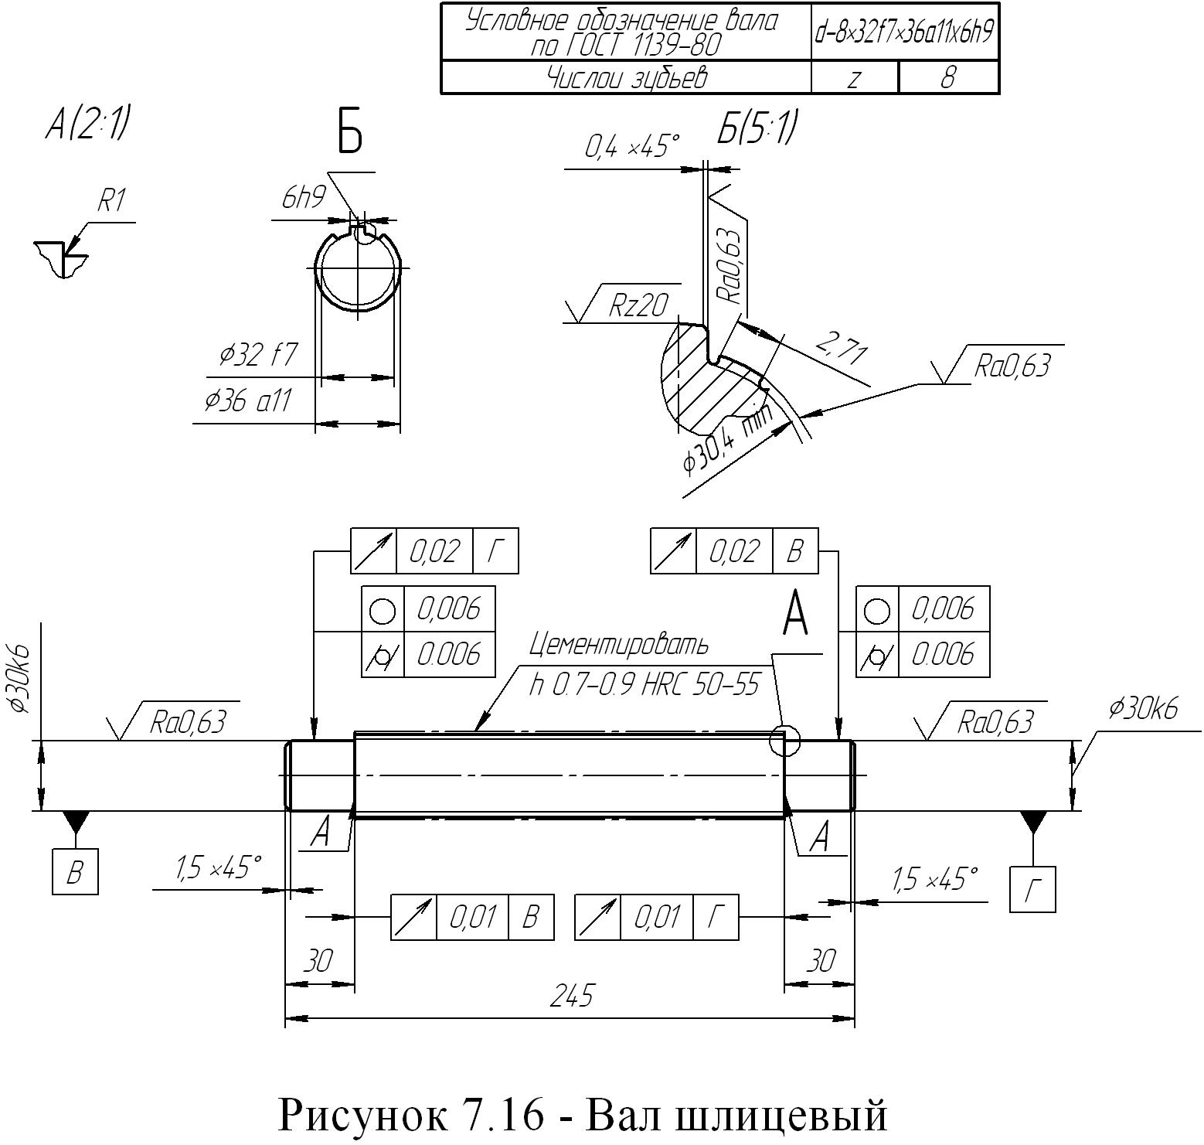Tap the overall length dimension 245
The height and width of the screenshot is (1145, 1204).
pyautogui.click(x=571, y=996)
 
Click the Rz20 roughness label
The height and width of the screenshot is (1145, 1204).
pyautogui.click(x=638, y=305)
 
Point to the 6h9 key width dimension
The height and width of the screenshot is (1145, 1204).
pyautogui.click(x=304, y=198)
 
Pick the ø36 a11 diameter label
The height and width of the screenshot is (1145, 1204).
pyautogui.click(x=247, y=401)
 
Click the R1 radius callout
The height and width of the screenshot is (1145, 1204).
pyautogui.click(x=111, y=202)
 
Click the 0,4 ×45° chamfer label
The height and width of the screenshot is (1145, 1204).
pyautogui.click(x=631, y=146)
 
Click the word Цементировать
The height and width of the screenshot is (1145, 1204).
pyautogui.click(x=618, y=643)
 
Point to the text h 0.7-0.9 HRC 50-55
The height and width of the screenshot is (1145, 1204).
pyautogui.click(x=645, y=684)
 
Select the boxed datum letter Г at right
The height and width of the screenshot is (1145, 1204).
pyautogui.click(x=1032, y=890)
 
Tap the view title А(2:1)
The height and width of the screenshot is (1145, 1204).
pyautogui.click(x=87, y=124)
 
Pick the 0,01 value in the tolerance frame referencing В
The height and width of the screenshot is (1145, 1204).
pyautogui.click(x=472, y=918)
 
